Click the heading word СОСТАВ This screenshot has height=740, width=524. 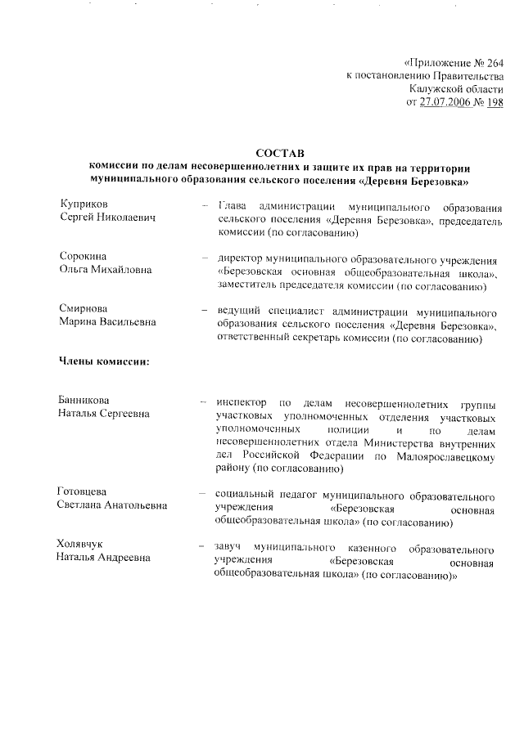tap(279, 152)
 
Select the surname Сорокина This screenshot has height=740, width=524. tap(84, 257)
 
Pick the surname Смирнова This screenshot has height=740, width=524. tap(84, 308)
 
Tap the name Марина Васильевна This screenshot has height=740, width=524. tap(107, 322)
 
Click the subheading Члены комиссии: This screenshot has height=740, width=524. tap(103, 361)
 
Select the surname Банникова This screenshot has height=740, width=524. tap(88, 401)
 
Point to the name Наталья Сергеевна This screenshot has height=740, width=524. tap(103, 415)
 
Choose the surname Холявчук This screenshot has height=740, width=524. tap(86, 545)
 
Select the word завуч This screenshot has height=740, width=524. tap(229, 545)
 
